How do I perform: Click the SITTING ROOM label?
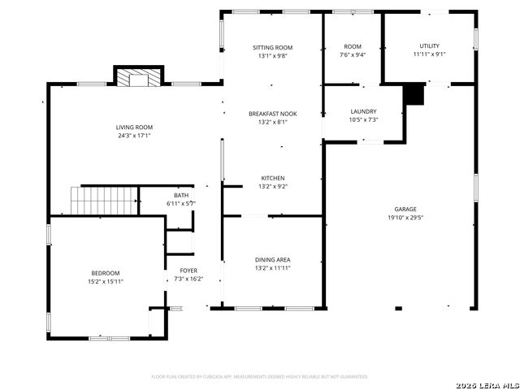point(273,48)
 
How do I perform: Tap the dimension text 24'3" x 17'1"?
point(134,136)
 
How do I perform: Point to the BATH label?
point(180,195)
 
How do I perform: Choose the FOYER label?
point(188,271)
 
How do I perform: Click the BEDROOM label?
point(106,273)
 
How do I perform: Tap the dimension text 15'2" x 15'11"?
point(106,281)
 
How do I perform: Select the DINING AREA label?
point(273,260)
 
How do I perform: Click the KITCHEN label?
point(273,179)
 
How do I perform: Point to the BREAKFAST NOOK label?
point(273,115)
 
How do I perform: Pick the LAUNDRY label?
point(363,111)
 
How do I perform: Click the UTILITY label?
point(430,46)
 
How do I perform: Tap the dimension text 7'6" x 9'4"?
point(353,55)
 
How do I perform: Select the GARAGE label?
point(405,209)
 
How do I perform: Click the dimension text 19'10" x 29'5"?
point(405,218)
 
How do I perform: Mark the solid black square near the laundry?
point(414,94)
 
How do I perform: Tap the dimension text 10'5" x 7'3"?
point(363,119)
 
